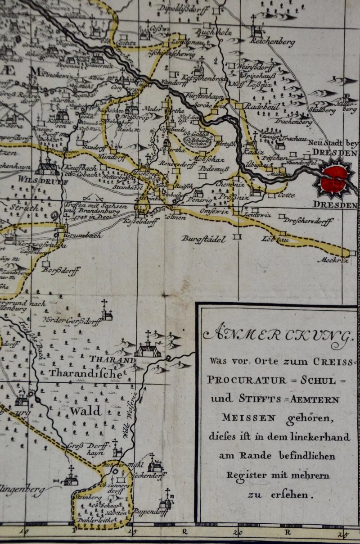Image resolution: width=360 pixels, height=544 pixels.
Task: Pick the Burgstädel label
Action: coord(203,239)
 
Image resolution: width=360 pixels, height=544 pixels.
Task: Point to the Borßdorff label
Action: coord(60,271)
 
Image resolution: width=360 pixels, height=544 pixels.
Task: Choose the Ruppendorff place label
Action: coord(151,512)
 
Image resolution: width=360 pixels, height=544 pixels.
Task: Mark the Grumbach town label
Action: coord(82,235)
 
